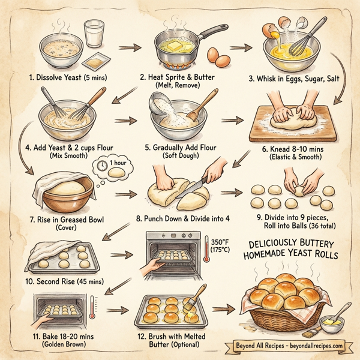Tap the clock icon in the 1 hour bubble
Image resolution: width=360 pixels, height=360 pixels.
tap(101, 164)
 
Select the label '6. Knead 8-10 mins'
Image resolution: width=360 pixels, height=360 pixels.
tap(293, 149)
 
